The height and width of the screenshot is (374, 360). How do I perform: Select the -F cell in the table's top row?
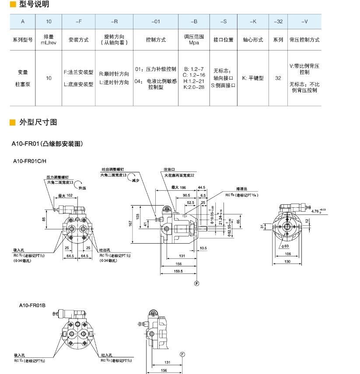coord(78,21)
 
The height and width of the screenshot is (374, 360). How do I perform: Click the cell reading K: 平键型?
coord(253,78)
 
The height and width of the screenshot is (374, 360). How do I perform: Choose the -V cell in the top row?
coord(304,21)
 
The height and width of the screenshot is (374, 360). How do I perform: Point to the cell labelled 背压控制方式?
coord(304,40)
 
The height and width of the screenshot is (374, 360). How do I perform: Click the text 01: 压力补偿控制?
coord(155,70)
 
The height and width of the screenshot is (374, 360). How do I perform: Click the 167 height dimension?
coord(131,224)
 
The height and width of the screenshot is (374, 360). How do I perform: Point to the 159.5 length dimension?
coord(178,271)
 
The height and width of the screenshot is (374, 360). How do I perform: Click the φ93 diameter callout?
coord(286,246)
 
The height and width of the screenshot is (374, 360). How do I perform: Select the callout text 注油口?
coord(169,169)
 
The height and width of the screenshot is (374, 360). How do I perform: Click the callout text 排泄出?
coord(242,190)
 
